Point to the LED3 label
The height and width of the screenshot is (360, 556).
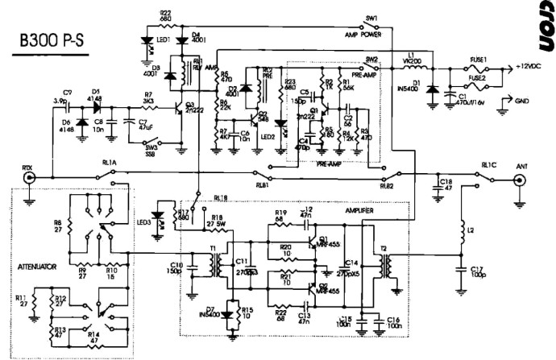tap(145, 222)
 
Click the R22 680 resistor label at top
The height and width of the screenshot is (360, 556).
tap(165, 15)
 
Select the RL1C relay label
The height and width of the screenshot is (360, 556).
tap(489, 164)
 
